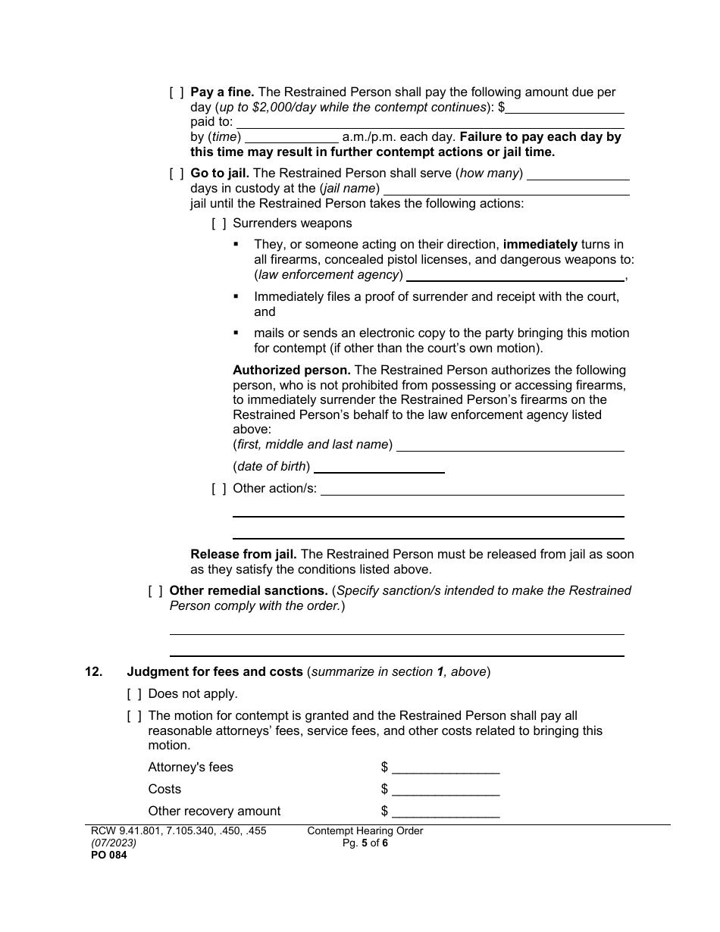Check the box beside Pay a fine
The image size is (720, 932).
176,92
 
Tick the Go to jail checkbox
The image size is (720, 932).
176,174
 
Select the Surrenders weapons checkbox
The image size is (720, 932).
218,224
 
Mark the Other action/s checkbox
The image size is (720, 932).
218,489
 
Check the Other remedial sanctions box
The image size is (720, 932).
155,591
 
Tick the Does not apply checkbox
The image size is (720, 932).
133,694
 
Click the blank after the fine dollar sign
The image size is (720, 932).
565,108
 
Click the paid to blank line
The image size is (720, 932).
430,123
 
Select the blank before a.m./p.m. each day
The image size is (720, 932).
292,138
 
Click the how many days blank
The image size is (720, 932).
578,174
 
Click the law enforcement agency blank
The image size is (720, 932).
515,275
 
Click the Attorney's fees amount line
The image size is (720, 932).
446,768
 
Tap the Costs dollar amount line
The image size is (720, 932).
446,790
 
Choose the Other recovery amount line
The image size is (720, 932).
446,812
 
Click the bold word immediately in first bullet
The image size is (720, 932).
540,245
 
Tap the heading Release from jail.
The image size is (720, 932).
243,555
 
